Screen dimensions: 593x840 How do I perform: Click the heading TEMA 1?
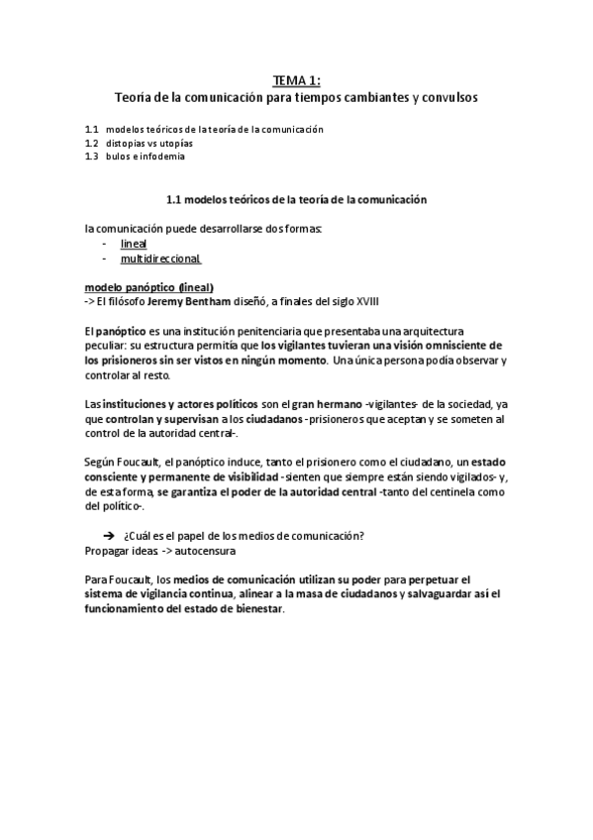pyautogui.click(x=296, y=81)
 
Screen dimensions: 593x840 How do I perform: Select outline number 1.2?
pyautogui.click(x=92, y=143)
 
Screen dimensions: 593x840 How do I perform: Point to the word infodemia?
pyautogui.click(x=163, y=157)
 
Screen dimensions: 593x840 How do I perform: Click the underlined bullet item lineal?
pyautogui.click(x=133, y=243)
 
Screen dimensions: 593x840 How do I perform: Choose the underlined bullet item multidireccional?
pyautogui.click(x=160, y=259)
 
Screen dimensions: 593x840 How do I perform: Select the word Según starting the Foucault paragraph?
pyautogui.click(x=101, y=464)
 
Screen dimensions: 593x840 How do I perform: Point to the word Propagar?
pyautogui.click(x=106, y=550)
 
